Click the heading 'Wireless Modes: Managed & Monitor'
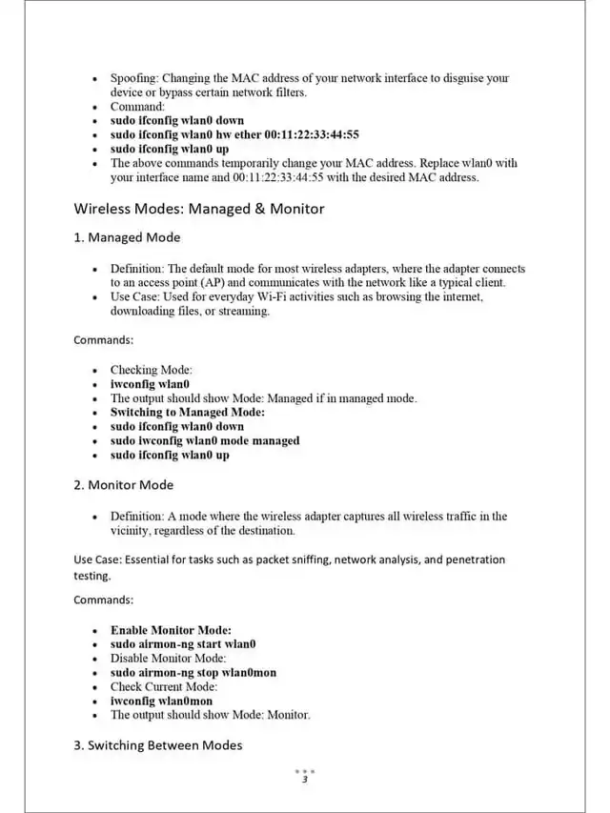click(x=199, y=209)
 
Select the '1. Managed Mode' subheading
click(x=127, y=237)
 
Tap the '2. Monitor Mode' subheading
click(x=124, y=485)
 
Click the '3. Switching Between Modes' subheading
click(x=158, y=745)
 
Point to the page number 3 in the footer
click(x=304, y=781)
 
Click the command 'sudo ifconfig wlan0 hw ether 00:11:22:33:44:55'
click(x=234, y=135)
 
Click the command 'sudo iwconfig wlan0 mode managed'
click(x=205, y=441)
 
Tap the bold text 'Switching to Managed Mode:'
click(x=188, y=413)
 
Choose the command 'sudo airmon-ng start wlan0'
click(x=183, y=644)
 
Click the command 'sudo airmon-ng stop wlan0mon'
click(x=193, y=673)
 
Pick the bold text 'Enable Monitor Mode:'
click(x=171, y=630)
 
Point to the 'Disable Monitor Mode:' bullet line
click(x=168, y=659)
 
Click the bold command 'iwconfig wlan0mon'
click(x=161, y=701)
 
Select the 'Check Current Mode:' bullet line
click(x=164, y=686)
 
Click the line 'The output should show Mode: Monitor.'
click(x=210, y=715)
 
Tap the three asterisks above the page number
click(x=304, y=771)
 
